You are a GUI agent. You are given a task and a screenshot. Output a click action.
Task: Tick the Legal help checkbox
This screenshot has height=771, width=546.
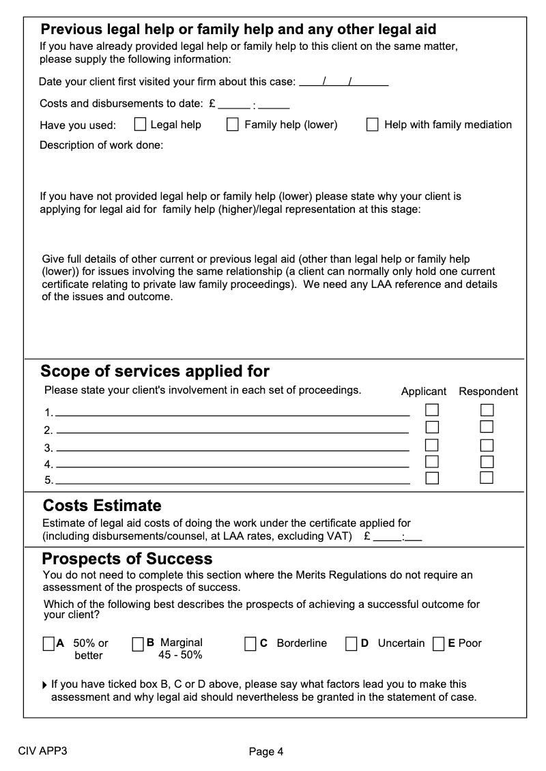click(140, 124)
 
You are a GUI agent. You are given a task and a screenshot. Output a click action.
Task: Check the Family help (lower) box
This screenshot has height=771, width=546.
click(233, 124)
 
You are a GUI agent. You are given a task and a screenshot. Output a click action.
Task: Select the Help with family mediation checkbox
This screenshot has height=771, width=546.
click(373, 124)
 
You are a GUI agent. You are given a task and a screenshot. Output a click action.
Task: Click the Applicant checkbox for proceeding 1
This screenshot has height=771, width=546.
click(432, 410)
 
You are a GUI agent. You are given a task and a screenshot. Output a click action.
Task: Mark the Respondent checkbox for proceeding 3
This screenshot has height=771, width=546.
click(487, 446)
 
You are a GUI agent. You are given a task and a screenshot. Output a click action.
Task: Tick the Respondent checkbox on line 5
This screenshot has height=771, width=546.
click(487, 477)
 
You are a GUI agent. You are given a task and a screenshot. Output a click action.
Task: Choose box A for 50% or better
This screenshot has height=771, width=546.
click(48, 643)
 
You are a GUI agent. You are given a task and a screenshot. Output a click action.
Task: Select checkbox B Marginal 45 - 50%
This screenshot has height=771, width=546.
click(138, 643)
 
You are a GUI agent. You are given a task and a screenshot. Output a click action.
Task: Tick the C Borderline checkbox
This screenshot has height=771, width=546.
click(250, 643)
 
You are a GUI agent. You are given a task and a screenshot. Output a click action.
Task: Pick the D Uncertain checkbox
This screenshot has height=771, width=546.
click(351, 643)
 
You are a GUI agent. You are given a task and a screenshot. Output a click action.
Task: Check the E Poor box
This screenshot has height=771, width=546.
click(439, 643)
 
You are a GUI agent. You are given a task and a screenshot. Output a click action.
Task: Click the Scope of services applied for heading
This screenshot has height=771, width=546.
click(155, 371)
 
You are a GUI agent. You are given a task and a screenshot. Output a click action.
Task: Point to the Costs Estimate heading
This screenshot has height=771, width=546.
click(102, 506)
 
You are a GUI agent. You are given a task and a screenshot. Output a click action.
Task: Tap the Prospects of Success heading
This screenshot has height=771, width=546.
click(128, 559)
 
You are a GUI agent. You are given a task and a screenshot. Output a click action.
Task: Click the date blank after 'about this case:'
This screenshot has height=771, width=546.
click(344, 83)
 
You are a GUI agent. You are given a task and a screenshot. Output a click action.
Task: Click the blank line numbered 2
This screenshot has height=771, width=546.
click(232, 431)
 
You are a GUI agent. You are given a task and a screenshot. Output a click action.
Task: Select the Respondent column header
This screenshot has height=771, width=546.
click(488, 392)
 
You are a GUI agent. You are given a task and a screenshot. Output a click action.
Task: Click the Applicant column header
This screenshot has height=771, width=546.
click(423, 392)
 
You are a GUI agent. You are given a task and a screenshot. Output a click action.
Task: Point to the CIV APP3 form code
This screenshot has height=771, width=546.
click(42, 752)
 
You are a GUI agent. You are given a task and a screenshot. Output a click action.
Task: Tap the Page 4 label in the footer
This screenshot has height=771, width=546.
click(266, 752)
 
